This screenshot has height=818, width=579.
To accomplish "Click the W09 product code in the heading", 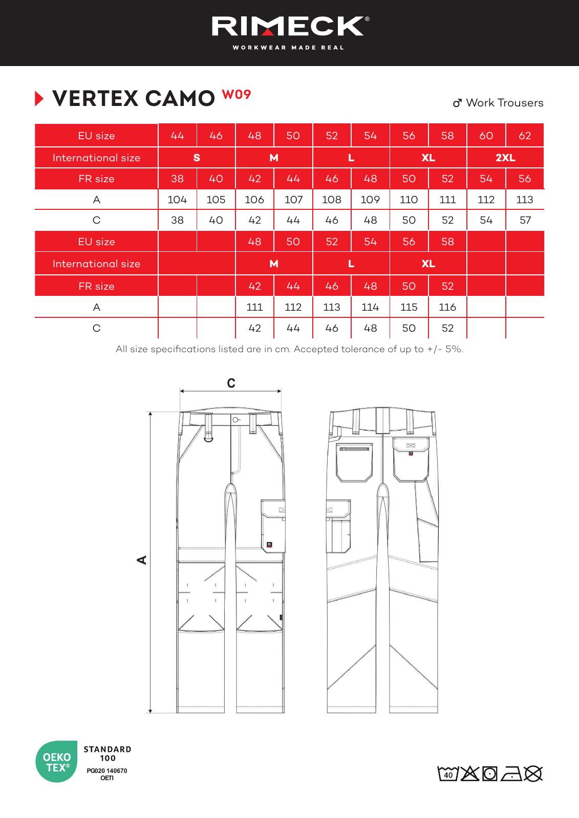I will click(x=236, y=94).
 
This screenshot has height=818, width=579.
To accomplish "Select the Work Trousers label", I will click(x=499, y=103).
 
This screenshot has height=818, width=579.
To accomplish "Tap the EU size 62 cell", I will click(x=525, y=136).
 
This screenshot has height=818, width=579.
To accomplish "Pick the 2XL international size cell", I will click(x=505, y=158).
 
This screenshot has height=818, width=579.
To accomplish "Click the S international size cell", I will click(x=197, y=158).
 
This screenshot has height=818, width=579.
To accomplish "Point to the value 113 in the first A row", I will click(x=525, y=200).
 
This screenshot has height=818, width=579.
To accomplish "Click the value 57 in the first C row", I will click(x=525, y=221).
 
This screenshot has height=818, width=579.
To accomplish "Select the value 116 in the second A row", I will click(x=447, y=307).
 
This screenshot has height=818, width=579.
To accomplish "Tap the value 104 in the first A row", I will click(x=177, y=200).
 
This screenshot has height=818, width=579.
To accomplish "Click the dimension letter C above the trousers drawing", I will click(x=231, y=383).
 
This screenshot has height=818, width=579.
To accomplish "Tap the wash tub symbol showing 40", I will click(x=448, y=774).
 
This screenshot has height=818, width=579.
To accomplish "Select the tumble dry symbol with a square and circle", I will click(x=489, y=774).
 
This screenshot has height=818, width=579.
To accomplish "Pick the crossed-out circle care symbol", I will click(x=533, y=774).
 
